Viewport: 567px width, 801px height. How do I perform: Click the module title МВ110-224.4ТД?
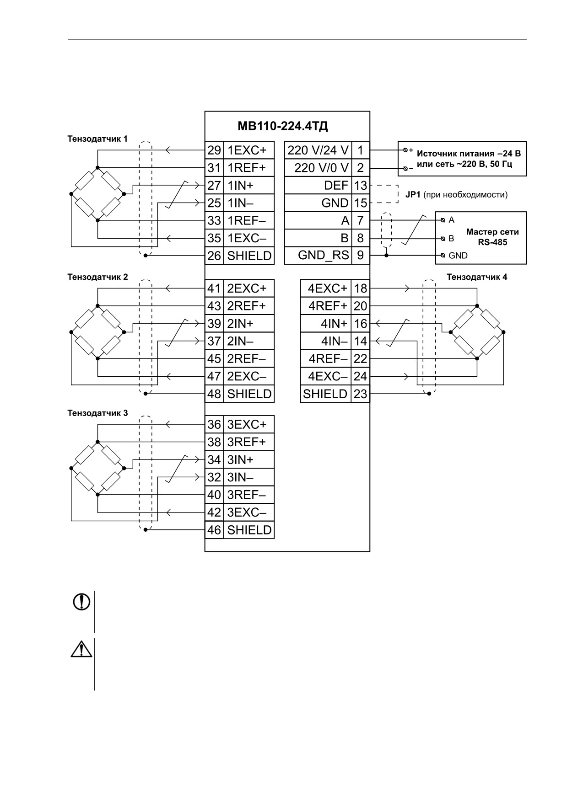tap(283, 125)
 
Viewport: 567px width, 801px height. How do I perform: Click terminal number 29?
tap(214, 150)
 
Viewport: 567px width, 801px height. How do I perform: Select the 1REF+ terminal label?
tap(246, 168)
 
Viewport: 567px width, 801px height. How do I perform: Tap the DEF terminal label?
tap(336, 185)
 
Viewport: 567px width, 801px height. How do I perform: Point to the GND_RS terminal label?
tap(323, 255)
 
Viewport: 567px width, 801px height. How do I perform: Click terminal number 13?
tap(361, 185)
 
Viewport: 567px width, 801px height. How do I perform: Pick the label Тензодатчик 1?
tap(97, 139)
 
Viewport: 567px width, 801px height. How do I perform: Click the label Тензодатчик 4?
tap(477, 277)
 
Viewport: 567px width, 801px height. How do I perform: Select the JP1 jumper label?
tap(413, 195)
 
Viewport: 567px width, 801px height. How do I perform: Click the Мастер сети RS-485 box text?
tap(492, 237)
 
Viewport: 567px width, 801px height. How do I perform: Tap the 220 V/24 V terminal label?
tap(318, 150)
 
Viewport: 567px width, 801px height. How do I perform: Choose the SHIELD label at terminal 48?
tap(249, 394)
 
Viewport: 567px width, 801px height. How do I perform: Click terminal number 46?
tap(214, 530)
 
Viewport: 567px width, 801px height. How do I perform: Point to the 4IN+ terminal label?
tap(334, 324)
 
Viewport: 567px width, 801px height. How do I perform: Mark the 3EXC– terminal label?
tap(247, 513)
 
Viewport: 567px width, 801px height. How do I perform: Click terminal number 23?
tap(361, 394)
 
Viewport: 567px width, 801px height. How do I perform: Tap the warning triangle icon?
tap(81, 649)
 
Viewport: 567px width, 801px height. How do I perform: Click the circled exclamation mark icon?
tap(82, 602)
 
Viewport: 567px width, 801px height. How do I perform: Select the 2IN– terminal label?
tap(240, 341)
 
